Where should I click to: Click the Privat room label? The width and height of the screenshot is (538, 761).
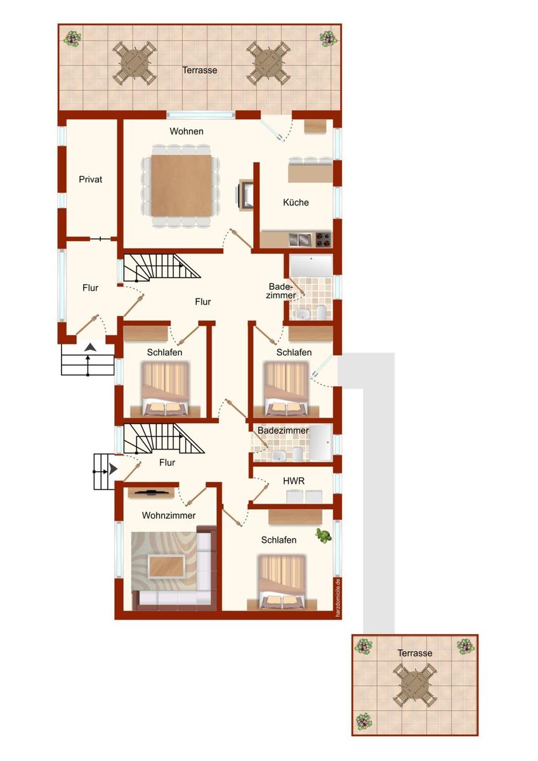coord(90,179)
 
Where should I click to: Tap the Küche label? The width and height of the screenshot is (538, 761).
coord(296,202)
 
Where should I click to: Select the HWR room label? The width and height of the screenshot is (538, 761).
coord(294,481)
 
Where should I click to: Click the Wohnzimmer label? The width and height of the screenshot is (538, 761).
coord(169,516)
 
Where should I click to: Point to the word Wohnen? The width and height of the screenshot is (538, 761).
coord(187,131)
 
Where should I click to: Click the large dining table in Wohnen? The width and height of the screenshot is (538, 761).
coord(181,185)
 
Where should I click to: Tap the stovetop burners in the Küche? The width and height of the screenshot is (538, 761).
coord(323,240)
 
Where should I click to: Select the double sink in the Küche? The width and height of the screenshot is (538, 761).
coord(300,240)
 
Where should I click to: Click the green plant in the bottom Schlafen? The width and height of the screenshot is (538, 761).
coord(323,536)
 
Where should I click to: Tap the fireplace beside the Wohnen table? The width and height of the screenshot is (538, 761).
coord(245,195)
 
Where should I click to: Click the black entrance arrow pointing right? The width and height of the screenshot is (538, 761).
coord(112,470)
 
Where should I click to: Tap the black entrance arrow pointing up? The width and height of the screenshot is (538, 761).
coord(90,348)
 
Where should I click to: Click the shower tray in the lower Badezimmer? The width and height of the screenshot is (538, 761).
coord(320,443)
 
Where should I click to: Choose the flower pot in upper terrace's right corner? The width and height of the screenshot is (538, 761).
coord(328,39)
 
